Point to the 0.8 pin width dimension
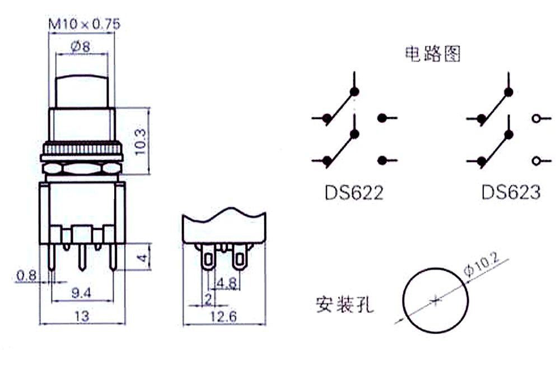tap(26, 275)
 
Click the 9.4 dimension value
tap(82, 292)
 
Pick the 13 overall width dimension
tap(82, 317)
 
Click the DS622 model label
tap(354, 192)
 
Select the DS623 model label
tap(511, 192)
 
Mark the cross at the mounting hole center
tap(435, 301)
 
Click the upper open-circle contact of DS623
tap(536, 118)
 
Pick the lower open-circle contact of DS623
tap(536, 161)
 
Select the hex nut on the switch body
tap(82, 168)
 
